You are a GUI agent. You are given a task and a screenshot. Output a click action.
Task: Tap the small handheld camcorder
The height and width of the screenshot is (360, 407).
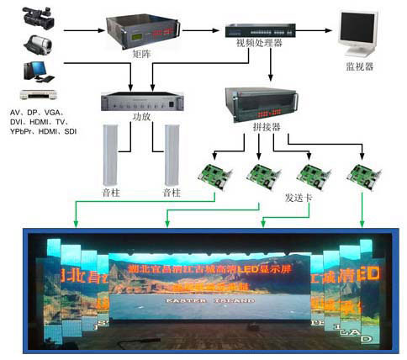click(37, 43)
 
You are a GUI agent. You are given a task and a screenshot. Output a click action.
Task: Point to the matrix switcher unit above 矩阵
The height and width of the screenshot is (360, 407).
click(137, 32)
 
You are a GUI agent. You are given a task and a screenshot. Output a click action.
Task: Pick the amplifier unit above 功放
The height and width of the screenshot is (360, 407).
click(142, 102)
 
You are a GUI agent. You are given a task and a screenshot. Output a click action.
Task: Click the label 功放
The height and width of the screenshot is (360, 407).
click(142, 119)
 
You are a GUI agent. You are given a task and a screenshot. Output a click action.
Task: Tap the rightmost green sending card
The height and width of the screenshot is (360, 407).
click(362, 173)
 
